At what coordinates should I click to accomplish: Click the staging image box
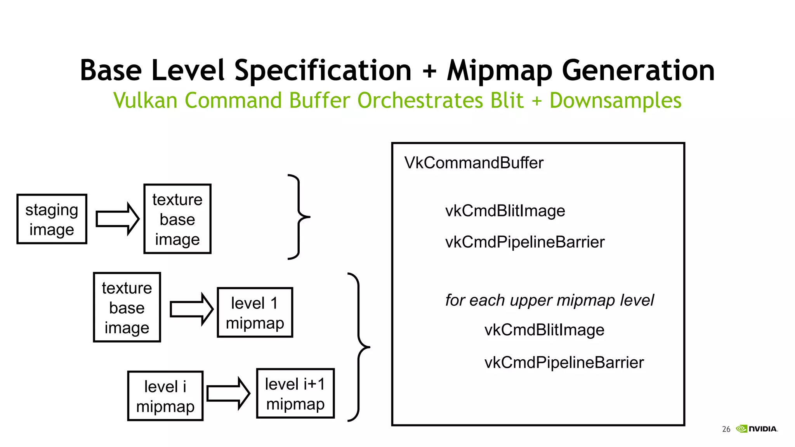52,219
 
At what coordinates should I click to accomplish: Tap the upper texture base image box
177,219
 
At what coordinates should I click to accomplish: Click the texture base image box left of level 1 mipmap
127,307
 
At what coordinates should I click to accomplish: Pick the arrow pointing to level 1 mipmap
191,309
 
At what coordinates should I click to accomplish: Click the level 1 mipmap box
255,313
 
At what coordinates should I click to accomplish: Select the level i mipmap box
165,396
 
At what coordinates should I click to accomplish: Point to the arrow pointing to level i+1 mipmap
228,393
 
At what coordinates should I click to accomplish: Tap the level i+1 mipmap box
295,393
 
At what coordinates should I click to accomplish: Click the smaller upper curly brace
299,217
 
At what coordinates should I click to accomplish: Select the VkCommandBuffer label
474,163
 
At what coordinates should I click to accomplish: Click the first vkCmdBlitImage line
505,211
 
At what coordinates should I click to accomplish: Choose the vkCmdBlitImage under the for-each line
544,330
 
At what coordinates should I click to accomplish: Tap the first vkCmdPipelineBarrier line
525,242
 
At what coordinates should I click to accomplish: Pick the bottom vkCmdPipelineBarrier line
564,362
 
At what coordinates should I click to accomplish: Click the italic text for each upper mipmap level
549,300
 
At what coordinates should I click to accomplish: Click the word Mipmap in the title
500,71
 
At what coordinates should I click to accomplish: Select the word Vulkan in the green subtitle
145,100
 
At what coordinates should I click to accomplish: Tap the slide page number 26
726,429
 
